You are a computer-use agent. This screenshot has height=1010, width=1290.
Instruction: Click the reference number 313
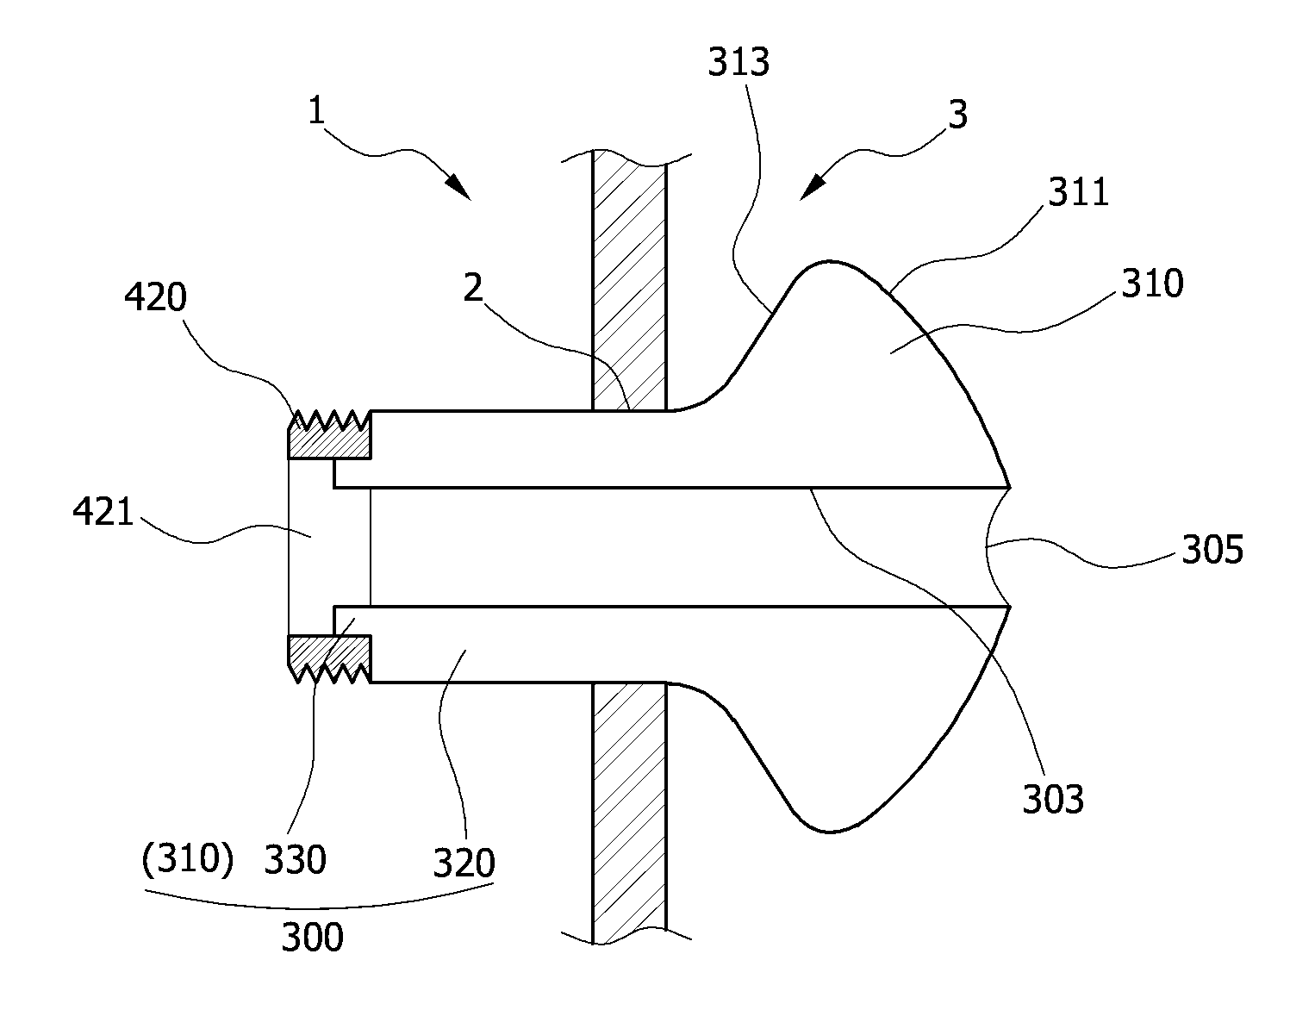point(738,61)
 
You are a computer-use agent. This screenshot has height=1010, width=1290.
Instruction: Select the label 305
point(1212,549)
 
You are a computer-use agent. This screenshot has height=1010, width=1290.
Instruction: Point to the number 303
point(1053,799)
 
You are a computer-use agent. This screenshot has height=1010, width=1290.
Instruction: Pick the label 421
point(103,512)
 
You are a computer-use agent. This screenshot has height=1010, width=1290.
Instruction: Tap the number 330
point(295,859)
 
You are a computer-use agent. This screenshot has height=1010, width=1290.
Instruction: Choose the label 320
point(464,863)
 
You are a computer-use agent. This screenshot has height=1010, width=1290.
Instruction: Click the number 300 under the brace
point(312,938)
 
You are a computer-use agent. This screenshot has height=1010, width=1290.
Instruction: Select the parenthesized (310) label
point(188,858)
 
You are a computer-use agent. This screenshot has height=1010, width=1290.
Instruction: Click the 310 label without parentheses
point(1152,283)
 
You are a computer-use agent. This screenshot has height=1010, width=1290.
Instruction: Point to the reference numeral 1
point(317,110)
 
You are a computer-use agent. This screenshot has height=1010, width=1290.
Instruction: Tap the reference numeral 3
point(958,115)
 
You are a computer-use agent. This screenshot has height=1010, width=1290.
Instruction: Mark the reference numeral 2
point(473,288)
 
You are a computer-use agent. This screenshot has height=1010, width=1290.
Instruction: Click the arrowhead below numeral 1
point(458,187)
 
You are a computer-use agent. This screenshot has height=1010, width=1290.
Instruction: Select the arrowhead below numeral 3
point(813,187)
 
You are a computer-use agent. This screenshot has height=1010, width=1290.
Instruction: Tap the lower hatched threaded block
point(329,659)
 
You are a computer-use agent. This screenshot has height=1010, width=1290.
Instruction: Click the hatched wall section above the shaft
point(629,279)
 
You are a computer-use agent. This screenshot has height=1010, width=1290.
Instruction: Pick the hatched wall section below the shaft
point(629,813)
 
